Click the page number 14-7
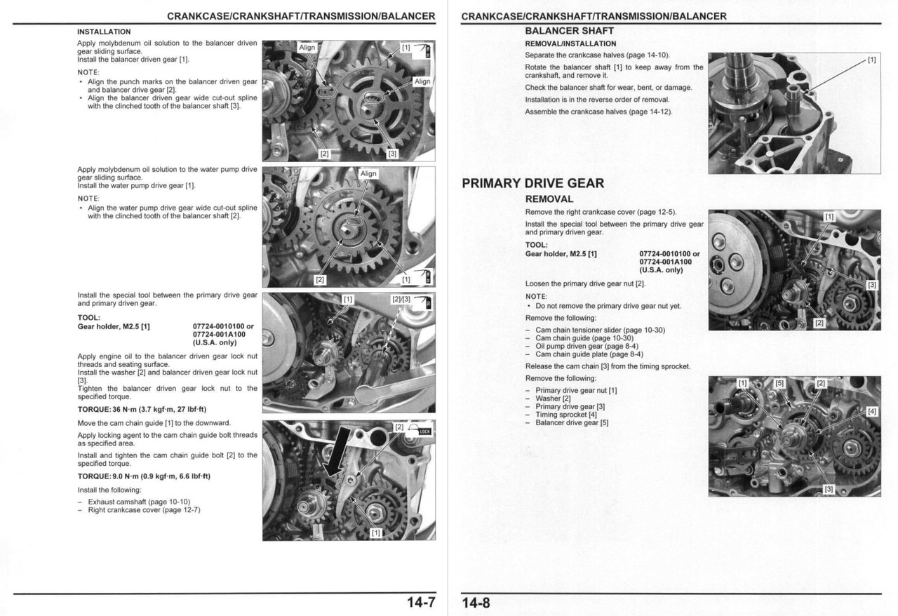pos(421,603)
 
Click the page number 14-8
pos(476,603)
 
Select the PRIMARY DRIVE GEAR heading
pos(532,184)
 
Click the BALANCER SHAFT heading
pos(569,31)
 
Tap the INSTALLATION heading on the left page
pos(104,32)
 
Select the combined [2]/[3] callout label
pos(401,300)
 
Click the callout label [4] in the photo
pos(871,412)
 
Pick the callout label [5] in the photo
pos(779,383)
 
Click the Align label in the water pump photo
pos(368,173)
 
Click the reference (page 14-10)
pos(649,55)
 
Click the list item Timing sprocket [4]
pos(566,415)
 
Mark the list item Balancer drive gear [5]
pos(572,423)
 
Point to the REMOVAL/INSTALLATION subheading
pos(570,43)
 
